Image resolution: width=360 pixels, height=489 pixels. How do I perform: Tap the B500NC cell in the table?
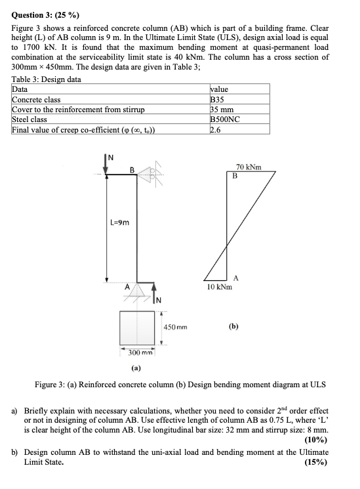click(x=224, y=119)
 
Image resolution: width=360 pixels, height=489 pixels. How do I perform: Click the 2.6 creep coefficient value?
click(x=214, y=129)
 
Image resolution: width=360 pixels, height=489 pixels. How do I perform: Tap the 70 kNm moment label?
click(x=249, y=167)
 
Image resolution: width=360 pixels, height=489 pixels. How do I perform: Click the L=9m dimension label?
click(x=119, y=223)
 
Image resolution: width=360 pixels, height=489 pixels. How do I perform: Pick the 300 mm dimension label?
click(x=137, y=354)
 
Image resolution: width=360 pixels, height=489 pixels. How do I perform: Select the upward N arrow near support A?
click(x=154, y=293)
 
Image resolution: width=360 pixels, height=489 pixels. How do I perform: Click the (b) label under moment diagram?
click(x=234, y=325)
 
